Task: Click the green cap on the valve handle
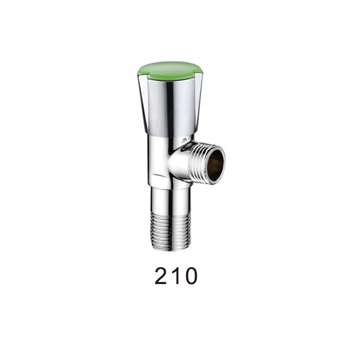pos(170,70)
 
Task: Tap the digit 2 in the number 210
pos(160,276)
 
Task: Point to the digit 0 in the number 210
pos(190,276)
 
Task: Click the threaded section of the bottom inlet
pos(170,231)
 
